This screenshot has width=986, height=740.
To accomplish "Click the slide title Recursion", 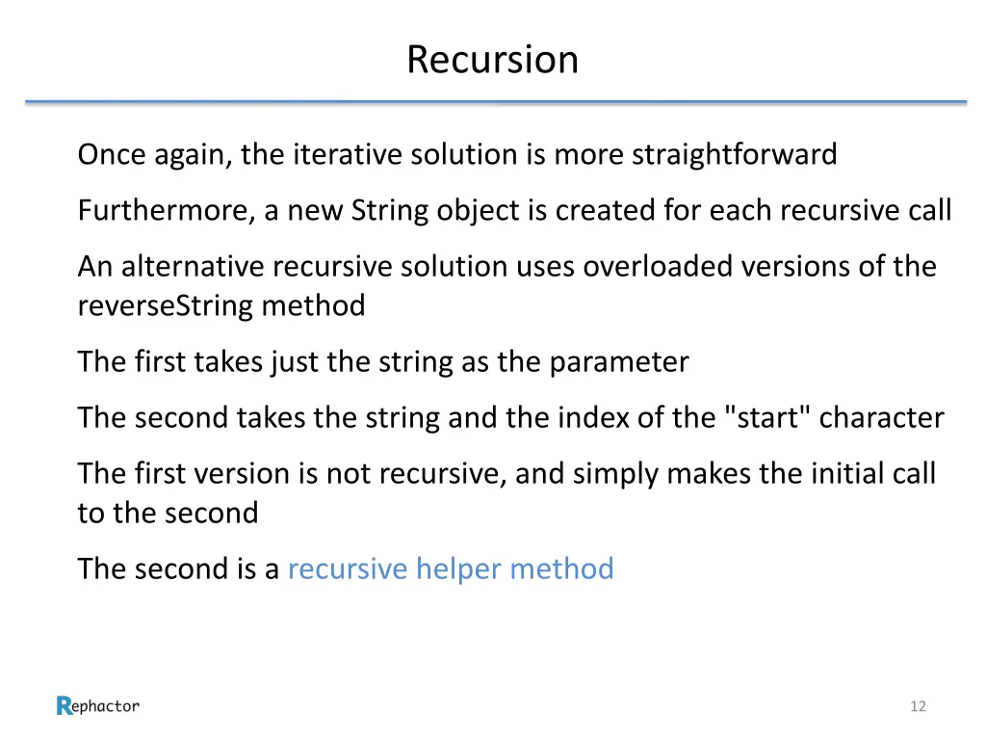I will point(492,60).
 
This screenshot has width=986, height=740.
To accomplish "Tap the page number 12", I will point(918,706).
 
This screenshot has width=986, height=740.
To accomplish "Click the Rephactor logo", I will point(98,706).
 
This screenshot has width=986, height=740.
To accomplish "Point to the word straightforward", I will point(734,154).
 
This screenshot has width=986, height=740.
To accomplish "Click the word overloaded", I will point(655,266).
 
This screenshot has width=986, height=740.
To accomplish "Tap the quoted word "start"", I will point(765,418).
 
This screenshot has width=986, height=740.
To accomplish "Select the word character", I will point(881,418).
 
